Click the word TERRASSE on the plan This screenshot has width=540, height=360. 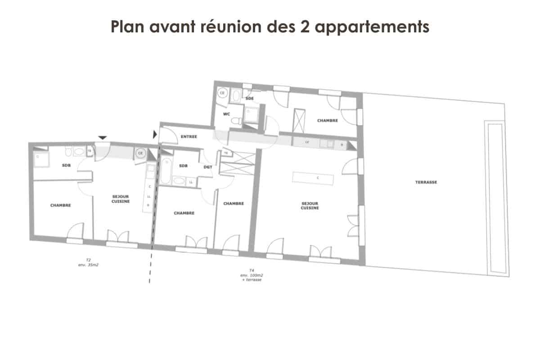[426, 182]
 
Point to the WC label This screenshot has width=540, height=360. [227, 114]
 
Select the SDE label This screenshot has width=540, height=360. [250, 98]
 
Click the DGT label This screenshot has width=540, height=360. [208, 166]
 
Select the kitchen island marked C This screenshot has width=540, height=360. [314, 178]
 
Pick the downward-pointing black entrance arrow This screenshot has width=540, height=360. [103, 137]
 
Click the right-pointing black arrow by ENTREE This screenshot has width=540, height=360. [155, 134]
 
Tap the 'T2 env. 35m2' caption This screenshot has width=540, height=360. [88, 263]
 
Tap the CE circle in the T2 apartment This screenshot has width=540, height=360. [140, 153]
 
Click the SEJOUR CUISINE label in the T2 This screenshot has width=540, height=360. [121, 199]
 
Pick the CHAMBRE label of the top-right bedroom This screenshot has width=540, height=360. [328, 121]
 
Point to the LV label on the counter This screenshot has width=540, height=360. [307, 142]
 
